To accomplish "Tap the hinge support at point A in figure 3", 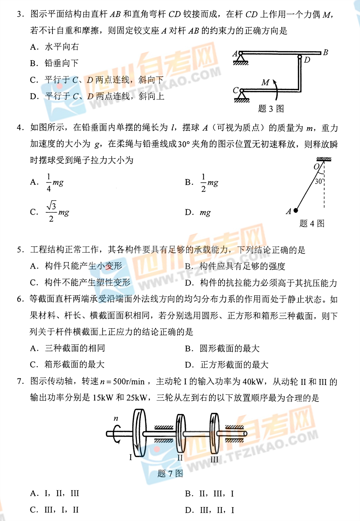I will click(240, 58).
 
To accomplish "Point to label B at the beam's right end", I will click(325, 53).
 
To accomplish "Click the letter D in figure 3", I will click(307, 60).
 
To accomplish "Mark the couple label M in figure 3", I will click(265, 82).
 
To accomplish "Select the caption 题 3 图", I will click(271, 109).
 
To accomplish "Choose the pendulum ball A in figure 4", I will click(296, 211).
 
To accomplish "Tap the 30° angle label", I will click(319, 181).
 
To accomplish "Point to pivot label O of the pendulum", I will click(316, 167).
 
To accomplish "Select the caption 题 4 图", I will click(312, 224).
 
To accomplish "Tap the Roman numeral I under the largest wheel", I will click(131, 457).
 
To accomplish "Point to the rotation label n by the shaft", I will click(116, 418).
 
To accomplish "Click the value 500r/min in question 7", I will click(129, 382).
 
